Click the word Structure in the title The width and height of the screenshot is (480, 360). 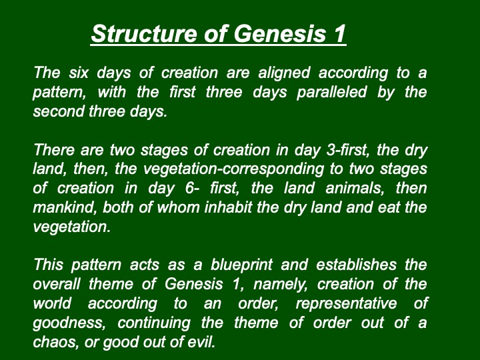coord(144,33)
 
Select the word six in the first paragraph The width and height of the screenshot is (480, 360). coord(79,73)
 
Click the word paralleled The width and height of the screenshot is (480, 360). coord(331,92)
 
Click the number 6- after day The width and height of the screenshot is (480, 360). coord(192,188)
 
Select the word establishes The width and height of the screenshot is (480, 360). coord(356,265)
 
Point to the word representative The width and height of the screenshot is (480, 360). coord(346,304)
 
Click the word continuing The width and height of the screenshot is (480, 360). coord(154,323)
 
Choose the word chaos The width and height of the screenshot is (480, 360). coord(55,342)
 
